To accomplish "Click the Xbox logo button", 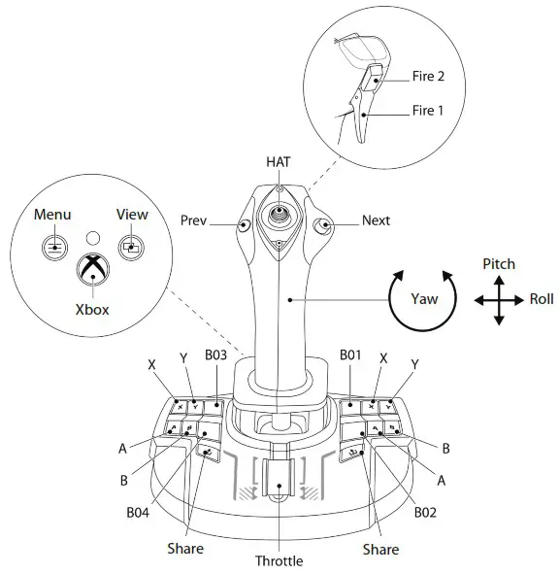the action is tap(93, 269).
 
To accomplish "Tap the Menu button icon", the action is tap(54, 248).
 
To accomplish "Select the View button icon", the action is tap(131, 248).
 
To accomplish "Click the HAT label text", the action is tap(279, 162).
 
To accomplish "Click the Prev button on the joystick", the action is tap(244, 224).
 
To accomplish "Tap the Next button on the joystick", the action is tap(322, 224).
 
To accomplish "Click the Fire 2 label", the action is tap(428, 76).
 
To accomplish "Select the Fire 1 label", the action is tap(428, 110).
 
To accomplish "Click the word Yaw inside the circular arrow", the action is tap(424, 299).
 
